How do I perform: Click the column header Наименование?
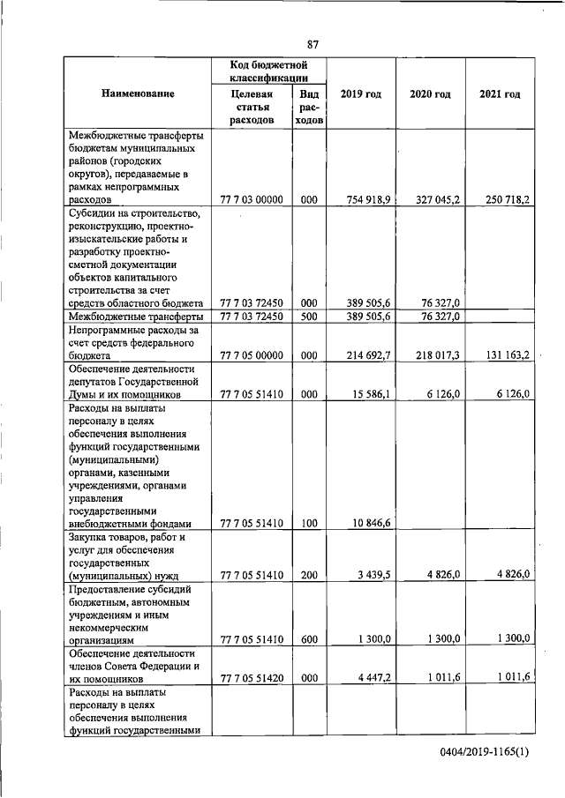click(137, 93)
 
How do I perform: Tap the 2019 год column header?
click(360, 93)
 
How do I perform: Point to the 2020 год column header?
click(430, 93)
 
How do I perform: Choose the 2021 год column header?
click(499, 93)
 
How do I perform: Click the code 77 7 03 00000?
click(252, 200)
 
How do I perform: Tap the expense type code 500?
click(308, 316)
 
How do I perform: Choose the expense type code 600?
click(308, 639)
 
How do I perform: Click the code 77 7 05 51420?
click(252, 678)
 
